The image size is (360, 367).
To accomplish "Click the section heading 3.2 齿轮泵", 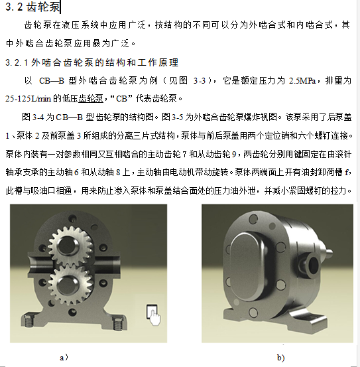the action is (32, 7).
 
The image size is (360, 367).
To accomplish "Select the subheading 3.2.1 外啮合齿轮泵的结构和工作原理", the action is (92, 62).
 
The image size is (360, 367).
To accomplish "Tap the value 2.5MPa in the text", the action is (302, 81).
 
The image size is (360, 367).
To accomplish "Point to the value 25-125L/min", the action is (28, 98).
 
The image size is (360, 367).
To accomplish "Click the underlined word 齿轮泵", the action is (91, 98).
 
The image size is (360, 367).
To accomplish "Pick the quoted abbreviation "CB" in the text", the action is (121, 98).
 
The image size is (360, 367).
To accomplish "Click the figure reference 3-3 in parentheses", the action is (200, 81).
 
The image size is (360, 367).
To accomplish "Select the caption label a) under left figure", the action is (64, 358).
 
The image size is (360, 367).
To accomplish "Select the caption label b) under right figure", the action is (280, 358).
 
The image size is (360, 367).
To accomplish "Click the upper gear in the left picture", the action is (70, 246).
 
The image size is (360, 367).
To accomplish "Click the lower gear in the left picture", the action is (71, 285).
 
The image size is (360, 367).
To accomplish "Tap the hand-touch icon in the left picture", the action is (153, 315).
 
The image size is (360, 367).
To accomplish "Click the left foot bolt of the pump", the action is (27, 320).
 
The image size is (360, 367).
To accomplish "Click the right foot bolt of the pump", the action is (119, 323).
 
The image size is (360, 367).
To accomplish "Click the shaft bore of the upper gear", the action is (67, 246).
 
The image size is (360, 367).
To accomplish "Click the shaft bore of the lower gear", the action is (67, 285).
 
